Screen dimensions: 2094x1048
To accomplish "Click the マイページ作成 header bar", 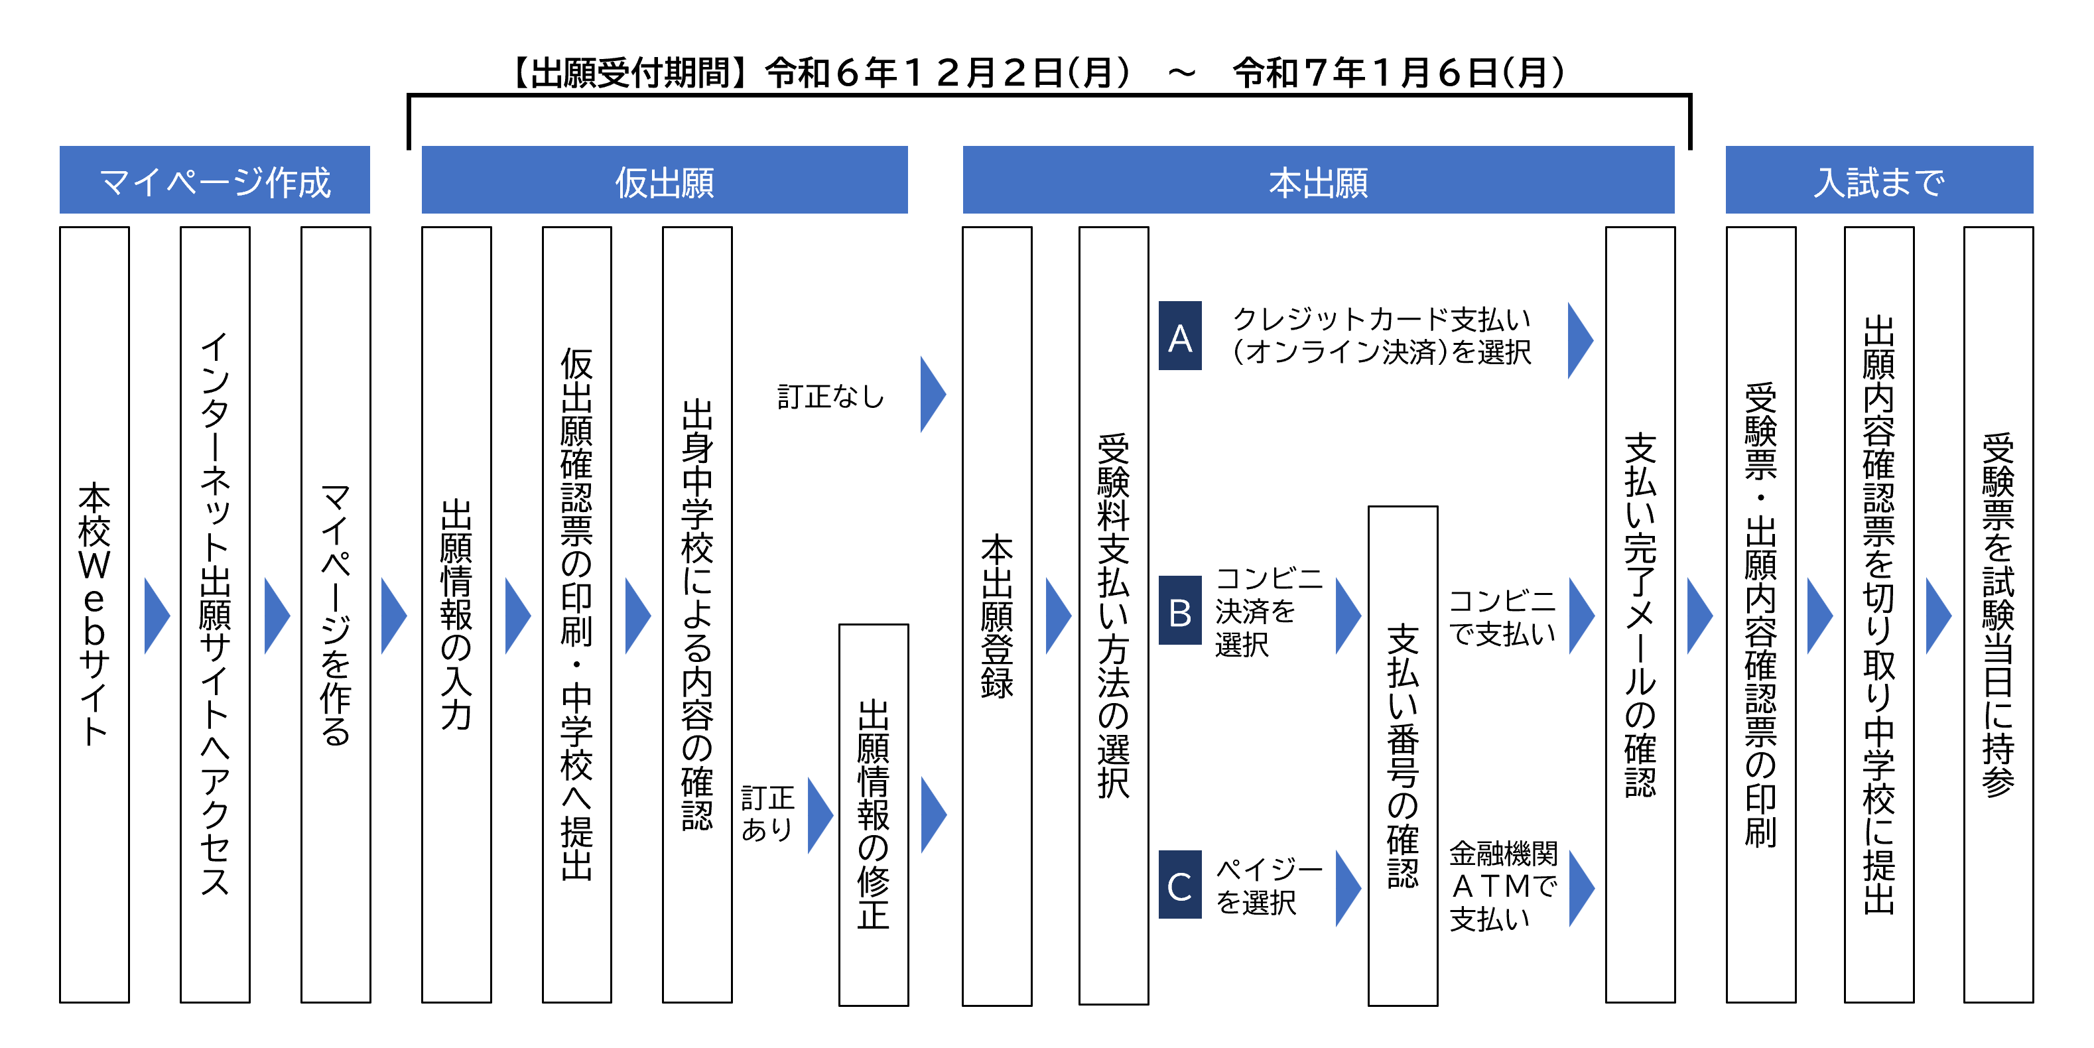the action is [x=215, y=180].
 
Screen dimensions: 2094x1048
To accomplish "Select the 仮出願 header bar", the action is [x=664, y=180].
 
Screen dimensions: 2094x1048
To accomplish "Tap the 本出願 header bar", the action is [x=1319, y=180].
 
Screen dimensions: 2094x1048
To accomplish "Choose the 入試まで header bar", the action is [x=1879, y=180].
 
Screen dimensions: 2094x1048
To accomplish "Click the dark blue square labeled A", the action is [x=1180, y=336].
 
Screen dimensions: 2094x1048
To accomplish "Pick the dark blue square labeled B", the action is [x=1180, y=611].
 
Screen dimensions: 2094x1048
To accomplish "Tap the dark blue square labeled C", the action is [x=1180, y=885].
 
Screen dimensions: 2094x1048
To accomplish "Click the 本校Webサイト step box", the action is [x=94, y=615].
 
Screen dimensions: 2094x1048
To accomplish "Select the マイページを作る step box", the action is [x=336, y=615].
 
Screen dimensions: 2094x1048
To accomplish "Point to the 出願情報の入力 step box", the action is [x=457, y=615].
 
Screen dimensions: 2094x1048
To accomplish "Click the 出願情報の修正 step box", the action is [x=874, y=815].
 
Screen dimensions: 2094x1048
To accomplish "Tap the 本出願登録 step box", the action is [x=998, y=616].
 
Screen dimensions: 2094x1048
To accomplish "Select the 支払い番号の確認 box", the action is [x=1403, y=756].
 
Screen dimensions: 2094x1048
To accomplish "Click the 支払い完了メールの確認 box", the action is [x=1640, y=615].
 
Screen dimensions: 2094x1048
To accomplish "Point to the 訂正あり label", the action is [x=767, y=813].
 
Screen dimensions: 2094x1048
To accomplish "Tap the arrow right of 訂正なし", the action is [x=933, y=394].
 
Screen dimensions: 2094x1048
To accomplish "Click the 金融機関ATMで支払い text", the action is [x=1503, y=886].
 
